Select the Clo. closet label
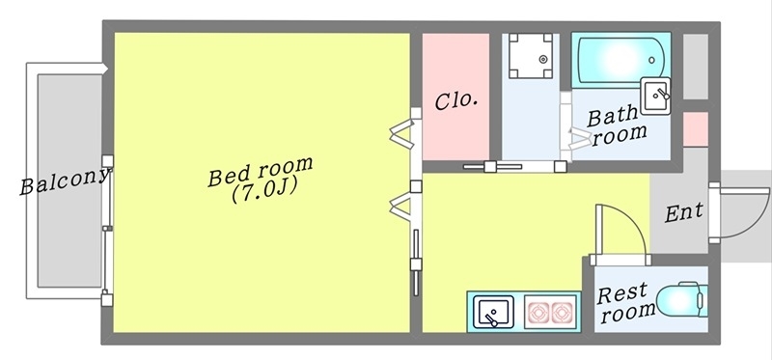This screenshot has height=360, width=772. tap(456, 100)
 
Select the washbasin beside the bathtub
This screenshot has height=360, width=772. tap(658, 95)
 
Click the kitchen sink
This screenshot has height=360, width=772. tap(495, 312)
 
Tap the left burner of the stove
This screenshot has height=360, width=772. tap(538, 312)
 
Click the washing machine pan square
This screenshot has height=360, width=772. tap(530, 56)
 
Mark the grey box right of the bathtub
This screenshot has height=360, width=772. tap(695, 66)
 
